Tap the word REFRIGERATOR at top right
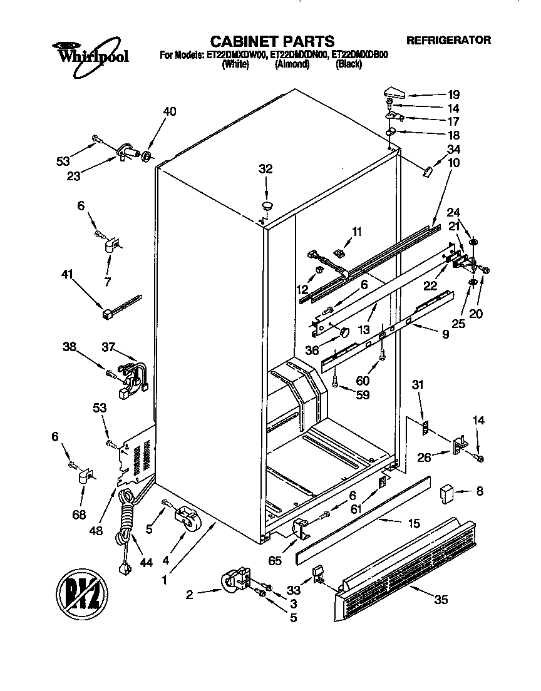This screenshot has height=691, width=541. tap(448, 40)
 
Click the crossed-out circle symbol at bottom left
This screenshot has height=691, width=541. tap(82, 590)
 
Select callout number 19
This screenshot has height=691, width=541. tap(453, 95)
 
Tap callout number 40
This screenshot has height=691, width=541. tap(169, 111)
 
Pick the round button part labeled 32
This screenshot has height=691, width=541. tap(267, 204)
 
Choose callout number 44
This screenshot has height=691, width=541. tap(146, 563)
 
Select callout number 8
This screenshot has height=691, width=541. tap(479, 491)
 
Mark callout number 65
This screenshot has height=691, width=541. tap(274, 560)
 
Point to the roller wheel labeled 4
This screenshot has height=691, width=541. tap(188, 520)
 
